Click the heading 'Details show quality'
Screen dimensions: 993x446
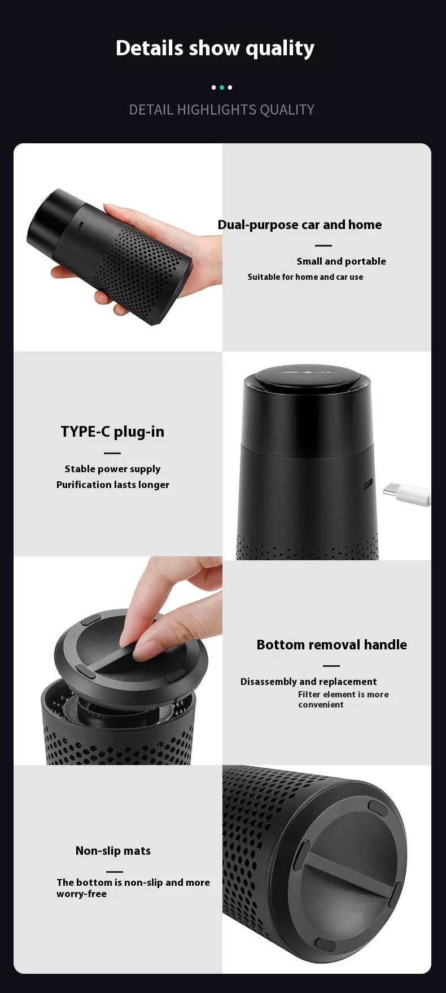[215, 49]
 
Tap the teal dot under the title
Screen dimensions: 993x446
[222, 87]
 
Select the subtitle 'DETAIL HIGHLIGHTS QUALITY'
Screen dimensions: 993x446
[221, 109]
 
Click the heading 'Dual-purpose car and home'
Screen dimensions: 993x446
[299, 225]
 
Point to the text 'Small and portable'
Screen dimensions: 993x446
[341, 261]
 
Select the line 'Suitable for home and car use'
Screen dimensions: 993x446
[305, 277]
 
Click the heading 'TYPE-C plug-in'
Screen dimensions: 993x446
[112, 432]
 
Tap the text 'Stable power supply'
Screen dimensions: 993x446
[112, 469]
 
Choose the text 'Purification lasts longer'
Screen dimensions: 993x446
[112, 485]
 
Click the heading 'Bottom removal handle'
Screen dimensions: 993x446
[331, 644]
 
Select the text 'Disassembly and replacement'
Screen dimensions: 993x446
[308, 682]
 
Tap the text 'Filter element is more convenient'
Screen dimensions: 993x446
[343, 700]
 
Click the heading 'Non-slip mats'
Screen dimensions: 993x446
[113, 851]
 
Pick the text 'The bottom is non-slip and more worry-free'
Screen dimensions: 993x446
[133, 888]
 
